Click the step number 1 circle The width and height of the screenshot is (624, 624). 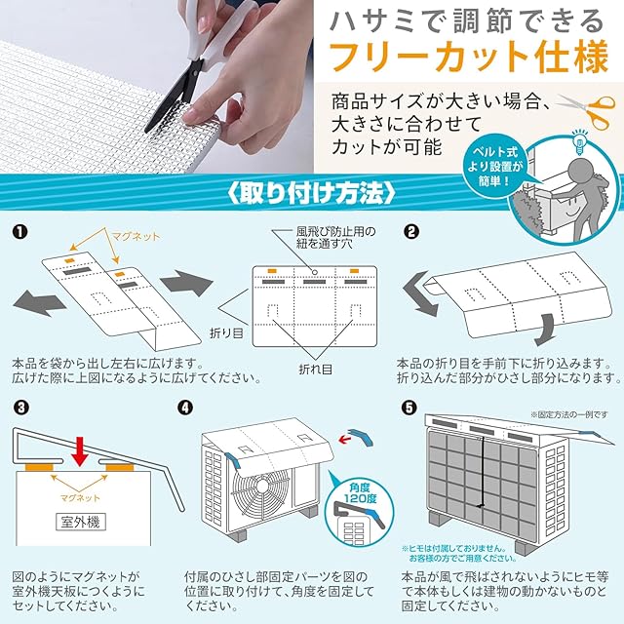coord(19,232)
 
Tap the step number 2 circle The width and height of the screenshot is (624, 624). coord(411,232)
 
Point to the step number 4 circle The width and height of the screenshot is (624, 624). coord(185,408)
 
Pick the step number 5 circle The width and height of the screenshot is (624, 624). coord(409,408)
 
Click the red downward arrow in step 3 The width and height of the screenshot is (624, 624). coord(81,451)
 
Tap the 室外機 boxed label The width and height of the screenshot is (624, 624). coord(81,522)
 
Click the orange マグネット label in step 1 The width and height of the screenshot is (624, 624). coord(136,236)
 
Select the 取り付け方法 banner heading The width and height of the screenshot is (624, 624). coord(312,193)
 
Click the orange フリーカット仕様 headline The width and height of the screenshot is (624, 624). coord(470,56)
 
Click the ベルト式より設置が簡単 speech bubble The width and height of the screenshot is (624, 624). coord(495,167)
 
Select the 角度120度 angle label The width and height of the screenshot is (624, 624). coord(360,493)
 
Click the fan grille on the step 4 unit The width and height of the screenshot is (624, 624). coord(261,487)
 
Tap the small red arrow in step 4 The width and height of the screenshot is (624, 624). coord(346,440)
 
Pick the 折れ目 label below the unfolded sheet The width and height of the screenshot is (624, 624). coord(316,370)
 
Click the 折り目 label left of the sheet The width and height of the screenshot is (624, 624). coord(226,333)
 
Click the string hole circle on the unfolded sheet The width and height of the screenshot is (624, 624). coord(315,272)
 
